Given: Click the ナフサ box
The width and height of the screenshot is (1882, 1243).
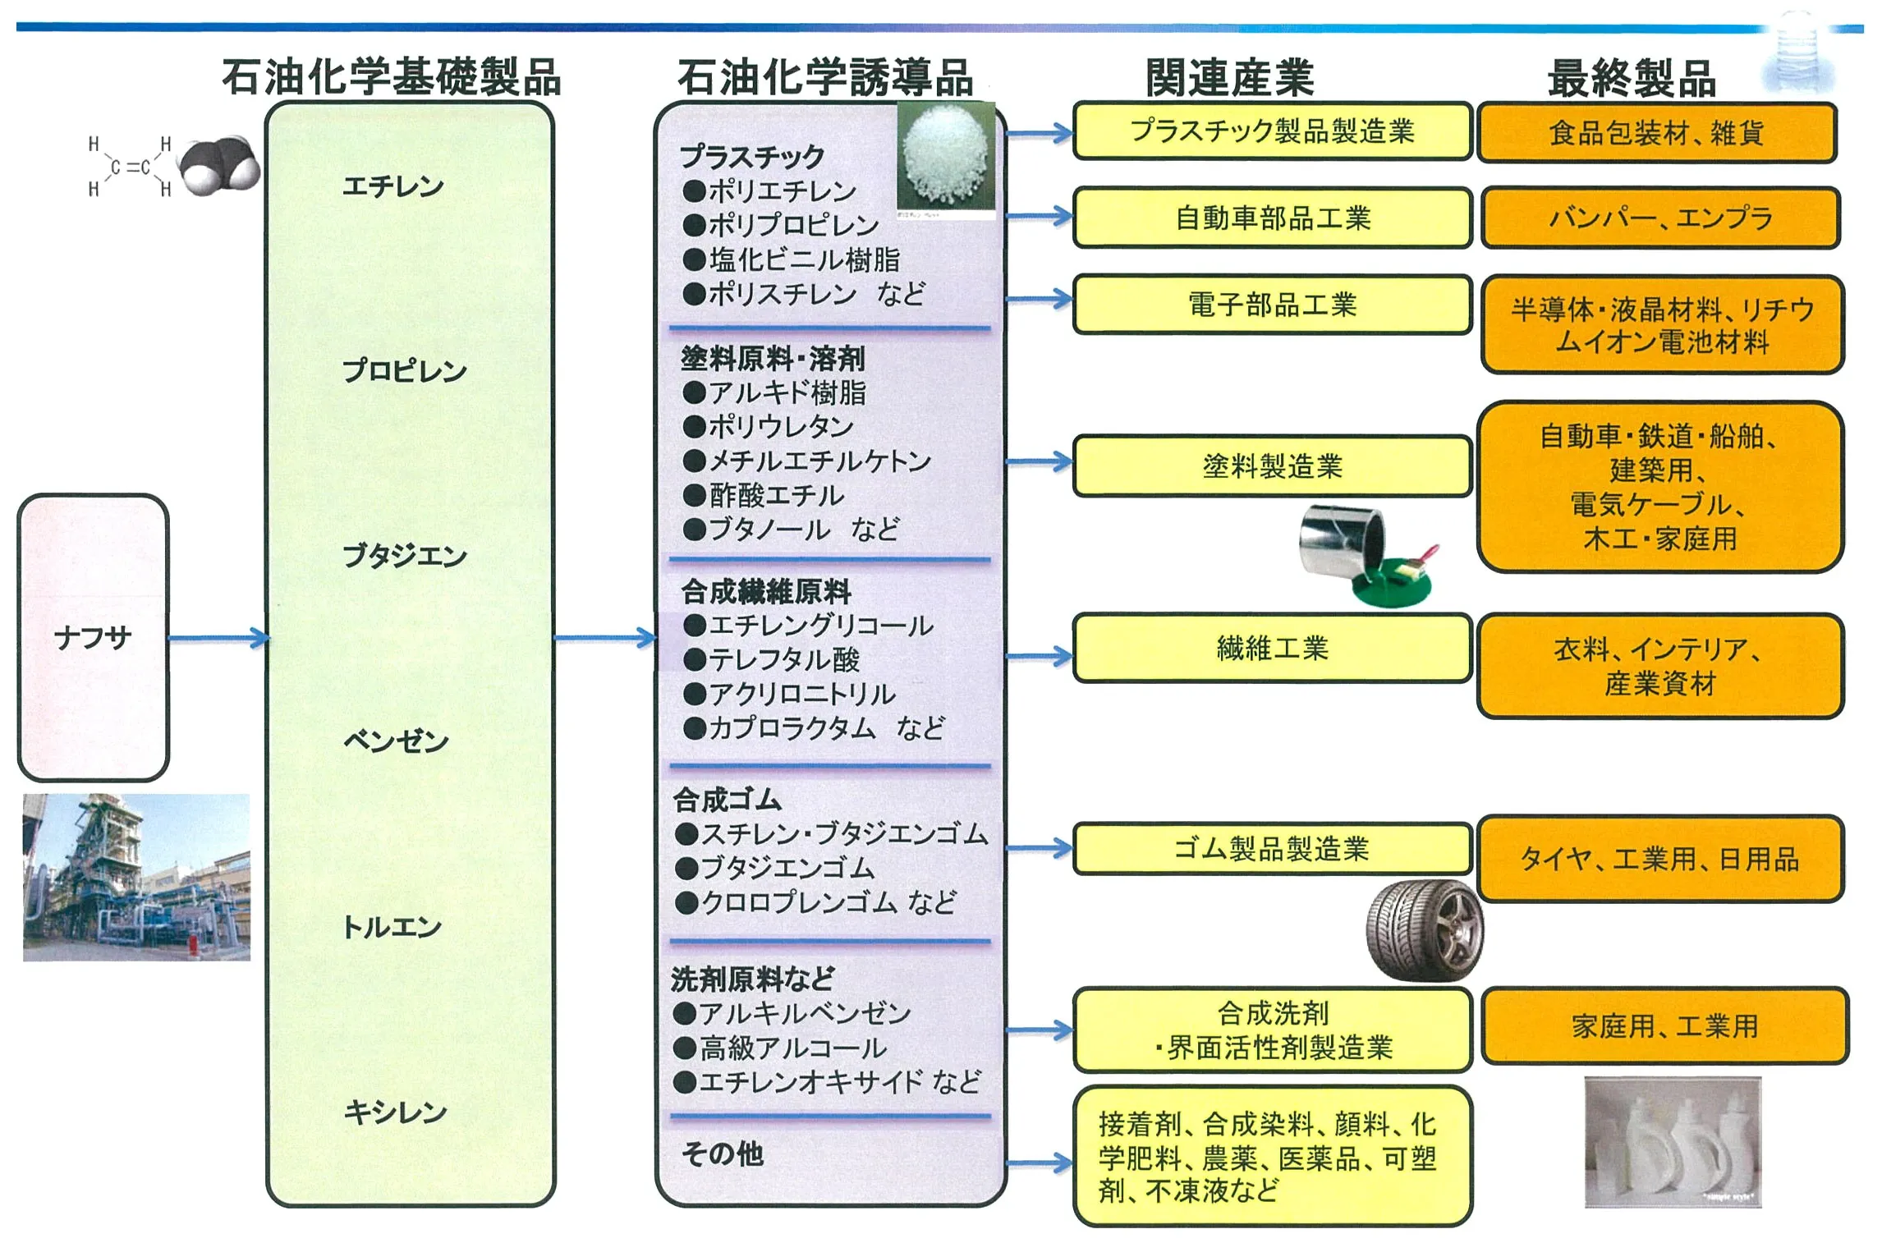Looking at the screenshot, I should pos(93,637).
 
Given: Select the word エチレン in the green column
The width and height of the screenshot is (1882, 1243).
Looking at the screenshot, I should pos(392,186).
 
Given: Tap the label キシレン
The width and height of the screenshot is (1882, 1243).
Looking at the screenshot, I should pos(395,1112).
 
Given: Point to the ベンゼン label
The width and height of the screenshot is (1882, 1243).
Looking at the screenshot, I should pos(396,741).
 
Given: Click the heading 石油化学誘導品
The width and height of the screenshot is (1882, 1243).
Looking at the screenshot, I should pos(824,78).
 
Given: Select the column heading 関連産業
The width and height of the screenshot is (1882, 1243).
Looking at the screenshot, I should pos(1229,78).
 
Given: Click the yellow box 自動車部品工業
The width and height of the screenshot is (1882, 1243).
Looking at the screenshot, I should pos(1272,218).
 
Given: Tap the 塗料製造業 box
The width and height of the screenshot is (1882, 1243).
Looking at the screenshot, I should pos(1272,466).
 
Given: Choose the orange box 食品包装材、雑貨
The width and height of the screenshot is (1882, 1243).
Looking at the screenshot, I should pos(1656,133).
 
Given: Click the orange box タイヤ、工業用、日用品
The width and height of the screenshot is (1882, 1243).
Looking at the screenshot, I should pos(1659,859).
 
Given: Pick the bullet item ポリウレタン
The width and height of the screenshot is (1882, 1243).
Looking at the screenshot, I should pos(780,426).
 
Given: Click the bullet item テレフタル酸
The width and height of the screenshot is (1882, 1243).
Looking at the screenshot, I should pos(783,659).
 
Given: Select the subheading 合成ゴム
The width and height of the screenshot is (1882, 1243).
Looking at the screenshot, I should pos(728,799).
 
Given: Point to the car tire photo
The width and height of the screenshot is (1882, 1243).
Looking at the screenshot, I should pos(1424,931).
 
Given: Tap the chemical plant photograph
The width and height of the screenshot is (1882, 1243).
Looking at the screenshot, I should pos(136,877).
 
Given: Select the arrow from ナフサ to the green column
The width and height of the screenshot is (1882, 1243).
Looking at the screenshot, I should pos(218,638).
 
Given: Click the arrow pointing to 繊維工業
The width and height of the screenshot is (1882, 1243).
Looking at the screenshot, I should pos(1039,656).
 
